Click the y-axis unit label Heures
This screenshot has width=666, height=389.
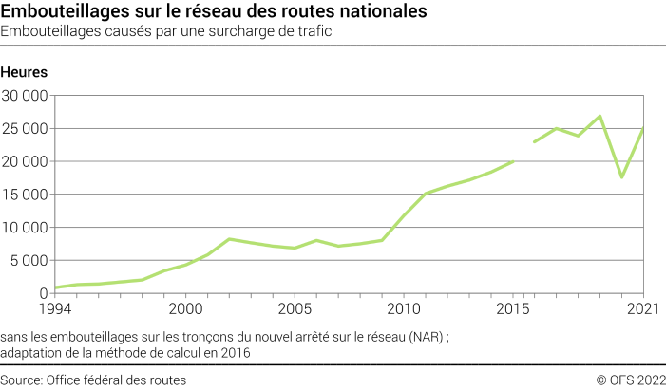tap(25, 72)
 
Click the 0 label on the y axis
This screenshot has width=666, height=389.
tap(44, 293)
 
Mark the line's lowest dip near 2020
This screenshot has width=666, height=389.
tap(621, 177)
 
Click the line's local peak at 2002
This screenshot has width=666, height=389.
tap(229, 239)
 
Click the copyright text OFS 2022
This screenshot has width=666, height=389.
tap(631, 380)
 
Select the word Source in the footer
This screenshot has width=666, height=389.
tap(22, 380)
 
